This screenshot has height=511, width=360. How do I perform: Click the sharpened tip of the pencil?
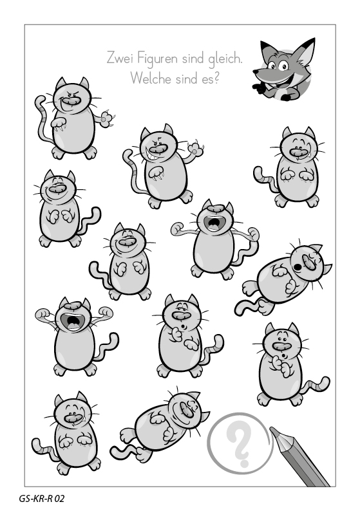point(272,430)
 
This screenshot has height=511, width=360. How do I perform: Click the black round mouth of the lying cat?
point(298,266)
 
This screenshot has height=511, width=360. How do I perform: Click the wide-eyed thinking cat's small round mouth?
point(283,355)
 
